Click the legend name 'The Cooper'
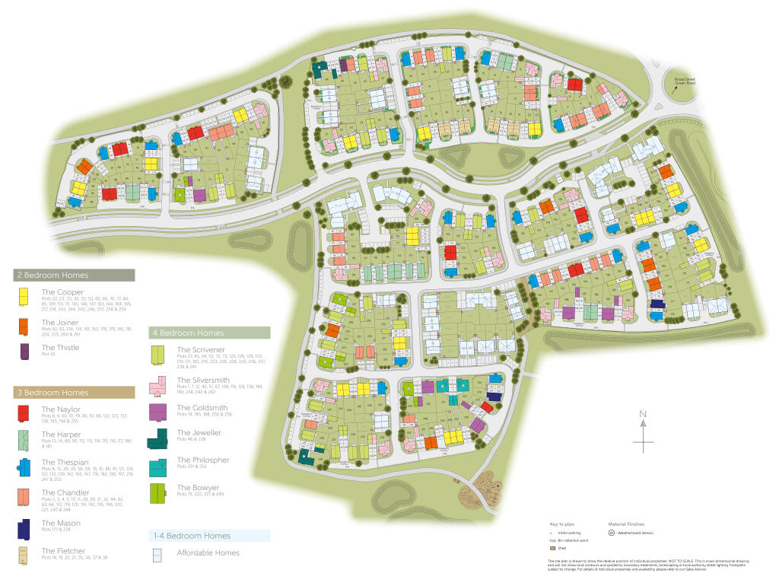(63, 292)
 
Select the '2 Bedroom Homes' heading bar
(75, 275)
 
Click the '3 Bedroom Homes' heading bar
(75, 393)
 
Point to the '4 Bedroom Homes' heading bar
(210, 333)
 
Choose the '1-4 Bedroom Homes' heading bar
(210, 536)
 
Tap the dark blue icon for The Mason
(25, 527)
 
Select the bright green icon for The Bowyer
(158, 492)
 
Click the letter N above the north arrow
(643, 415)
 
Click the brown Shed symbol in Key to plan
(552, 547)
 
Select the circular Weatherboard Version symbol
(612, 533)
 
